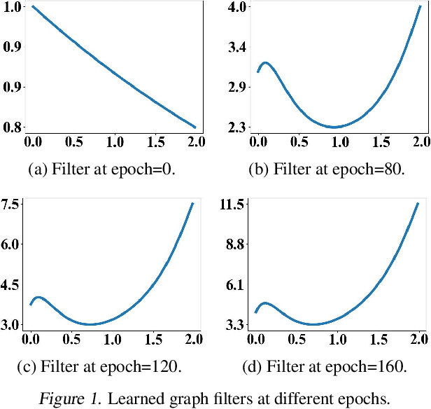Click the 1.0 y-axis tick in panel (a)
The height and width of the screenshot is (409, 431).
pos(11,7)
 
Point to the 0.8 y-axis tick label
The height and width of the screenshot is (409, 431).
pos(11,127)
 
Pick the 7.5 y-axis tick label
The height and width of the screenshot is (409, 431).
pos(11,204)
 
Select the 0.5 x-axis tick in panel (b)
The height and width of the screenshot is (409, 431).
pos(299,142)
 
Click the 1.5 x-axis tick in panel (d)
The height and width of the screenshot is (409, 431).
pos(379,340)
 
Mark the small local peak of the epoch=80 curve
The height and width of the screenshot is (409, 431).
pos(265,63)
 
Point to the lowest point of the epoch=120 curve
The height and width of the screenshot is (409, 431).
pos(90,324)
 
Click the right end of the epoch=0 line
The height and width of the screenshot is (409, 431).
pos(195,127)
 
